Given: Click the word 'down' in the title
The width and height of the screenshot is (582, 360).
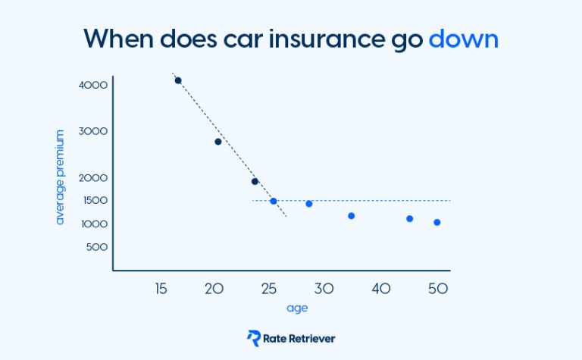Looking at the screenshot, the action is (463, 39).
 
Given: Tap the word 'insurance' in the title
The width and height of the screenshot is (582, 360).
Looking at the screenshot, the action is (327, 39).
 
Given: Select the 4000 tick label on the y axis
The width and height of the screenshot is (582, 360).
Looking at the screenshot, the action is (93, 85).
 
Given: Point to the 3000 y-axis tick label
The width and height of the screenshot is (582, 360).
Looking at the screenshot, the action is (93, 131).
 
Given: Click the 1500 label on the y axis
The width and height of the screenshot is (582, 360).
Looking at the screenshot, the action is (95, 200).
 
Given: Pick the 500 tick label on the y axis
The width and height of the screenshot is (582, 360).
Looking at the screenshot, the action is (97, 247).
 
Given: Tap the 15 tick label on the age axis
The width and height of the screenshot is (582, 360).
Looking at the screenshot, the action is (161, 288).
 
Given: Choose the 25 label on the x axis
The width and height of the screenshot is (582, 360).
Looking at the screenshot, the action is (269, 288).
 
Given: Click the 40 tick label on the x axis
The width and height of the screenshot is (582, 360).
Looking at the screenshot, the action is (381, 288).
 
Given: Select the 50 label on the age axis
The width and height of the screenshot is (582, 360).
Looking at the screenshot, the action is (438, 288).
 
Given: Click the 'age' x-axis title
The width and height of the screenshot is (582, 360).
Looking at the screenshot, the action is (297, 308).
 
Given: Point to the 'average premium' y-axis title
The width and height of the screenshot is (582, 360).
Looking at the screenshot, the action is (60, 177).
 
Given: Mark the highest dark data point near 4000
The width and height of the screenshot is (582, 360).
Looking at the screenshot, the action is (178, 80).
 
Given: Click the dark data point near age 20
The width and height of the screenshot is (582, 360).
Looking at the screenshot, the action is (218, 142).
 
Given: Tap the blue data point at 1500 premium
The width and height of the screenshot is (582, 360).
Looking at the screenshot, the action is (273, 201).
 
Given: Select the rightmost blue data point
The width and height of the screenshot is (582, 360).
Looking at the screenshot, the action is (436, 222).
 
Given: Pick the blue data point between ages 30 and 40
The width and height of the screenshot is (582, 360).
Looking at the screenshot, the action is (352, 216).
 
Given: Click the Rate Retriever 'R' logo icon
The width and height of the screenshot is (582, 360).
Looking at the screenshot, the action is (254, 338).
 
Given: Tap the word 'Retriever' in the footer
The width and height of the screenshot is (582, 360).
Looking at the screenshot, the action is (311, 339).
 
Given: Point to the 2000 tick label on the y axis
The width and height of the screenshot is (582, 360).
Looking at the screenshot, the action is (93, 178).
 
